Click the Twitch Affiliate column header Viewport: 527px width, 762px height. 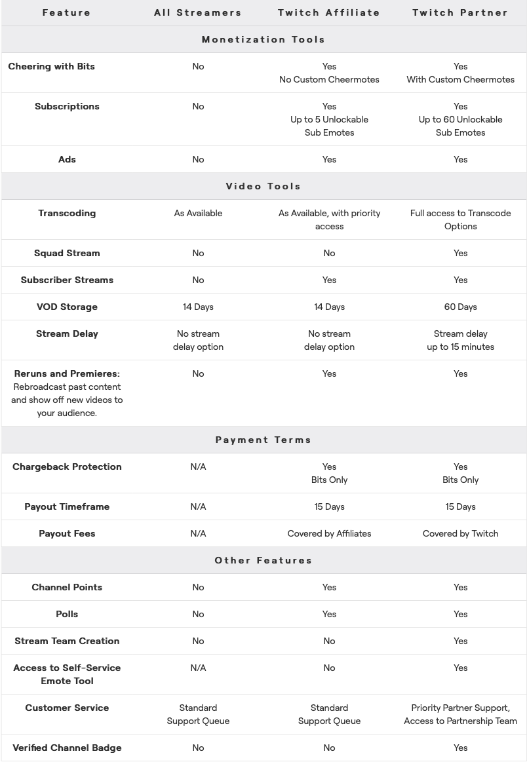(329, 12)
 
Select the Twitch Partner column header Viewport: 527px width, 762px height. (460, 12)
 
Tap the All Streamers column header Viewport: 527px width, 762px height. (198, 12)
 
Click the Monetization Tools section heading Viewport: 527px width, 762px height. (263, 39)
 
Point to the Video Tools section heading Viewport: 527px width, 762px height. (263, 186)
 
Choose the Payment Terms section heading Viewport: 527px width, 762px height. (263, 440)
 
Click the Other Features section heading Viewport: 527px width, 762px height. (263, 560)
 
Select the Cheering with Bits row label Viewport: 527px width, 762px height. (51, 66)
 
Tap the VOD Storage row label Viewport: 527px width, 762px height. (67, 307)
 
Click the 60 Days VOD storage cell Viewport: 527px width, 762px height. (460, 307)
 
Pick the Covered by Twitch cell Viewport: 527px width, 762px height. (460, 533)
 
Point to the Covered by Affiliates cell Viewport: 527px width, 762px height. (329, 533)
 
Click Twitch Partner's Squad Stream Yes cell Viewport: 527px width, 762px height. (460, 253)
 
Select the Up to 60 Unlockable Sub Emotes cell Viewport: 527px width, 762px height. (460, 119)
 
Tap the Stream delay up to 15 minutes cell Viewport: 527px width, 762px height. (460, 340)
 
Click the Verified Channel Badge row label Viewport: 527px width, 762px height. (67, 748)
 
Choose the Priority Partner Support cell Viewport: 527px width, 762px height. (460, 714)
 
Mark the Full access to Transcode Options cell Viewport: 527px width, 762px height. (460, 219)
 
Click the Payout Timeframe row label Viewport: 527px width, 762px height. (67, 506)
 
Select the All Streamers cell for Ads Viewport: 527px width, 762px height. (198, 159)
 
